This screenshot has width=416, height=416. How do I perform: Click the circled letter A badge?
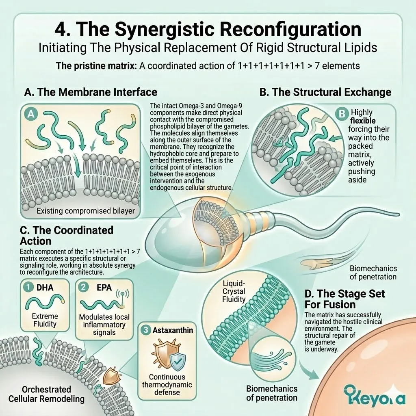click(x=31, y=114)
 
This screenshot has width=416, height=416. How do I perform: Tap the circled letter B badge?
click(x=342, y=114)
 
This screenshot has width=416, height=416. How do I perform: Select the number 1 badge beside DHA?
click(x=28, y=287)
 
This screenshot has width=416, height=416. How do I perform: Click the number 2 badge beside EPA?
click(x=83, y=287)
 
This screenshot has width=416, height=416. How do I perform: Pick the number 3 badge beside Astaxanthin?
click(x=146, y=330)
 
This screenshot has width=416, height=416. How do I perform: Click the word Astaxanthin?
click(x=173, y=330)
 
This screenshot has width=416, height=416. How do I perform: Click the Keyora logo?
click(x=375, y=396)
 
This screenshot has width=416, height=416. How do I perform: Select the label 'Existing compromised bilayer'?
click(x=86, y=211)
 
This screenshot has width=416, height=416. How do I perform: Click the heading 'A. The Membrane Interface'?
click(x=91, y=92)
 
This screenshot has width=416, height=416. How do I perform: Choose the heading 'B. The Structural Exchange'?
click(x=325, y=92)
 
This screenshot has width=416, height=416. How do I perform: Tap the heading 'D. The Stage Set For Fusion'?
click(x=344, y=299)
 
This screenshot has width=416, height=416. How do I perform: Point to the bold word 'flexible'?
click(x=363, y=121)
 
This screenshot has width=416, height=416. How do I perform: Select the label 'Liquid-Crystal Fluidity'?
click(x=234, y=291)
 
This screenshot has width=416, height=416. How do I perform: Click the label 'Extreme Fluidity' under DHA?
click(x=45, y=320)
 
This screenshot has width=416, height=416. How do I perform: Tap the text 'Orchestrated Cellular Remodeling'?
click(x=46, y=394)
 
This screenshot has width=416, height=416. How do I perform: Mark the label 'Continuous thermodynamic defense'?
click(x=167, y=384)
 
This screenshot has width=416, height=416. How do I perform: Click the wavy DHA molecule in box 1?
click(x=45, y=303)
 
